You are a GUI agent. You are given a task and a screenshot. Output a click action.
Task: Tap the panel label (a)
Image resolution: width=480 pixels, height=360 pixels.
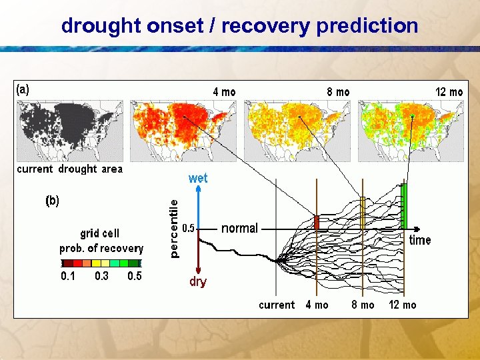(x=23, y=89)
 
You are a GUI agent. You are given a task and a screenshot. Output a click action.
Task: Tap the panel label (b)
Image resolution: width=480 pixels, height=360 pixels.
(x=52, y=200)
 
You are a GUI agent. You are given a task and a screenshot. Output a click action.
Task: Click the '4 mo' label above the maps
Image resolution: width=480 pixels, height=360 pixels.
(x=224, y=92)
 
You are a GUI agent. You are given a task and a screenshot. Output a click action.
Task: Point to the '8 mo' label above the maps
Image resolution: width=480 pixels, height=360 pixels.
(x=338, y=92)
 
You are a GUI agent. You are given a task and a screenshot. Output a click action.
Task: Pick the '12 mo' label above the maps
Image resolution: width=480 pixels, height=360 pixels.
(x=449, y=92)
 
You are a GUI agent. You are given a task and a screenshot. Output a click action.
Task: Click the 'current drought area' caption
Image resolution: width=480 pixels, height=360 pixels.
(x=70, y=169)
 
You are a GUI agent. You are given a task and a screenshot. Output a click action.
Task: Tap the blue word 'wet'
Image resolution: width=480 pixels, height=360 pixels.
(x=198, y=178)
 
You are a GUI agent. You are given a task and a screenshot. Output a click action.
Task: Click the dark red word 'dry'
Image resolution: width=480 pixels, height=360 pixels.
(x=198, y=281)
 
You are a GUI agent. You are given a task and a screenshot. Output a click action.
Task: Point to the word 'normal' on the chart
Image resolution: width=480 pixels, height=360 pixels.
(x=239, y=229)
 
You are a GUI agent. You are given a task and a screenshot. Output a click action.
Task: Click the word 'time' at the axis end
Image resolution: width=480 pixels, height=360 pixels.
(x=420, y=241)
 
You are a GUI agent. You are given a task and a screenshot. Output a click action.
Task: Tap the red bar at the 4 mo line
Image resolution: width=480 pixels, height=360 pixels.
(x=317, y=222)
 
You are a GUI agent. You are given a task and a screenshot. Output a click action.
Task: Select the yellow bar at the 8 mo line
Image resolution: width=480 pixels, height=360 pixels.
(x=363, y=213)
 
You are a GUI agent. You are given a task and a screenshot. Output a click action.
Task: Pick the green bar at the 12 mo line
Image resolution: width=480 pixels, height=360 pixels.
(x=403, y=206)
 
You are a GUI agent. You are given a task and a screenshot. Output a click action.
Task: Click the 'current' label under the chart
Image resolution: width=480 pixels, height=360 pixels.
(x=277, y=305)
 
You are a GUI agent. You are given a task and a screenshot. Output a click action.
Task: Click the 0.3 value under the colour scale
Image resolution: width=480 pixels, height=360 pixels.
(x=101, y=276)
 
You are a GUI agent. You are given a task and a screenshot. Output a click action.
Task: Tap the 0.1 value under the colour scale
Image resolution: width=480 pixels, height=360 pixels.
(x=68, y=276)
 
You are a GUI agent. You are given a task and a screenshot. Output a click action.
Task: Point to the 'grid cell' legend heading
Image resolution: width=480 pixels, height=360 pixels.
(x=100, y=233)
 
